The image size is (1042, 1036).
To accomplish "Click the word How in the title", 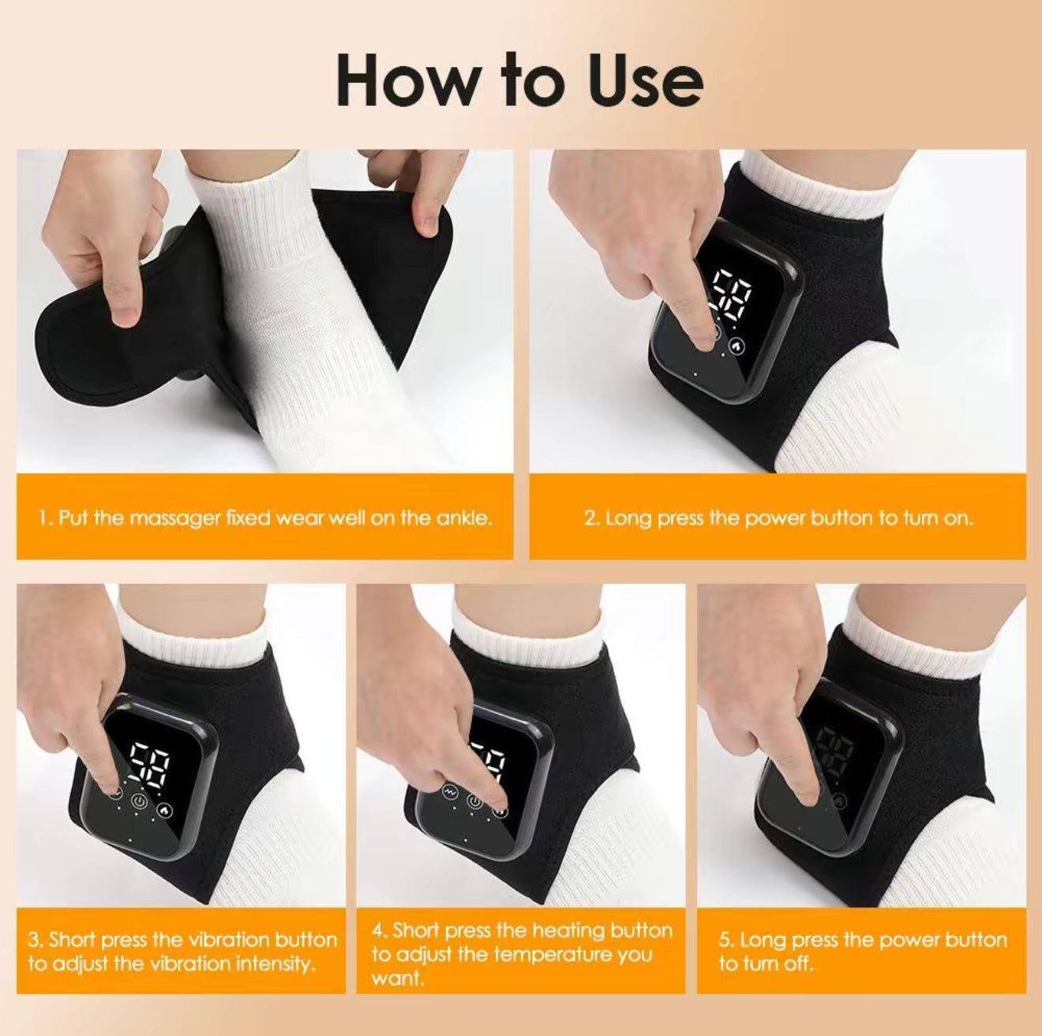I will click(407, 81).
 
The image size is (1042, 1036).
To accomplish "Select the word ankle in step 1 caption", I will click(463, 518).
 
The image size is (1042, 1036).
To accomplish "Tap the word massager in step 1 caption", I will click(175, 518).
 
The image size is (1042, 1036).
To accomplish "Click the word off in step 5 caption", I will click(800, 963).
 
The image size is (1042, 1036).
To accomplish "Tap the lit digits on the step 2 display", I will click(732, 296).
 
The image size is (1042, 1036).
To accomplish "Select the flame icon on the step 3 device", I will click(164, 809).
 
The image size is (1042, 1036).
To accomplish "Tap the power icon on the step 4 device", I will click(474, 801).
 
